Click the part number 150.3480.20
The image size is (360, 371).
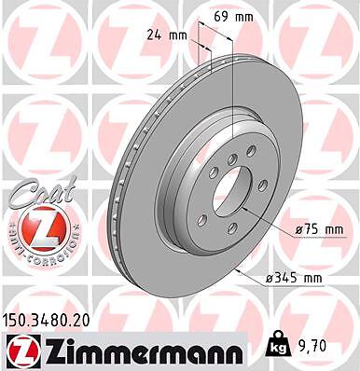[48, 320]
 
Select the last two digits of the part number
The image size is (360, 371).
[86, 320]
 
